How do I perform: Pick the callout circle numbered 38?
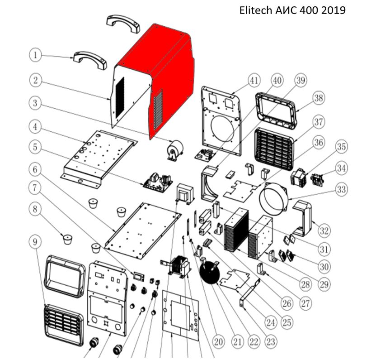coord(319,98)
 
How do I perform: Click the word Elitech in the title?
coord(255,10)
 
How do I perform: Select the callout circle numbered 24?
coord(271,322)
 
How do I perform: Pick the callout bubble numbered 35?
coord(341,148)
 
